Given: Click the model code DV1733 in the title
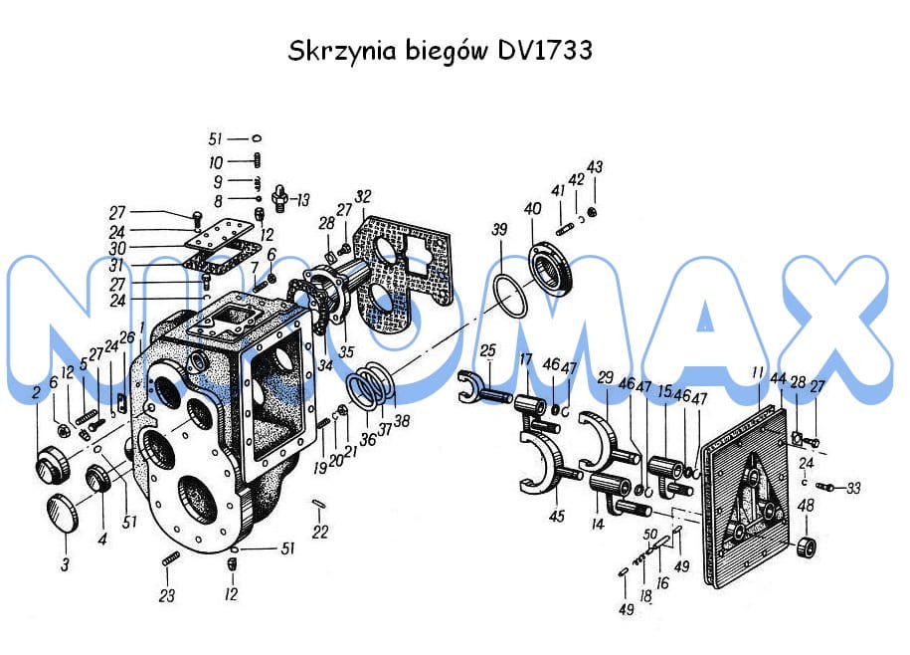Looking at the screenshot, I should [x=541, y=51].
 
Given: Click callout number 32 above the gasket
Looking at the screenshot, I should [x=362, y=196].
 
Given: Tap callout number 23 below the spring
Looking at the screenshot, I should [x=167, y=595].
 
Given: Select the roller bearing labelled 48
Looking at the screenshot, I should [x=810, y=546].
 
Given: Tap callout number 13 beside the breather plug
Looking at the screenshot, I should [x=302, y=199].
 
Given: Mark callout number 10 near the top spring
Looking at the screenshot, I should [x=216, y=162].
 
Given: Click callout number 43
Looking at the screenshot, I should [x=596, y=166].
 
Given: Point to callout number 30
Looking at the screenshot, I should [x=118, y=247].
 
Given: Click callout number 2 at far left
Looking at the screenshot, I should [x=36, y=392].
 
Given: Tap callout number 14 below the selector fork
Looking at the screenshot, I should [x=598, y=524].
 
